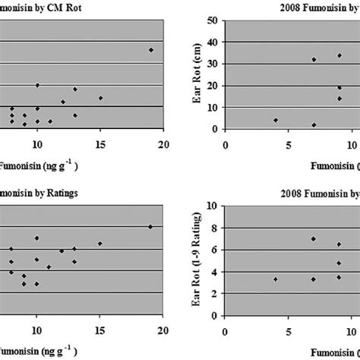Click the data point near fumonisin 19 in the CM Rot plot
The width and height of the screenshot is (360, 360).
coord(150,50)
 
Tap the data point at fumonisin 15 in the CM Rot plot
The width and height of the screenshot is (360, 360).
coord(100,98)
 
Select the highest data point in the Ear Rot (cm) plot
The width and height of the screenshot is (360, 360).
coord(339,55)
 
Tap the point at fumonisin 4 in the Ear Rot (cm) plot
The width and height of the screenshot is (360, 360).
coord(275,120)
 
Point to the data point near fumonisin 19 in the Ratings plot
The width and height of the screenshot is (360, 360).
coord(150,226)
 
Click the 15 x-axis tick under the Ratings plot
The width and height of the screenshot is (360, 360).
coord(99,330)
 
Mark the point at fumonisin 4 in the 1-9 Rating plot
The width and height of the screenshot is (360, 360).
coord(275,279)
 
